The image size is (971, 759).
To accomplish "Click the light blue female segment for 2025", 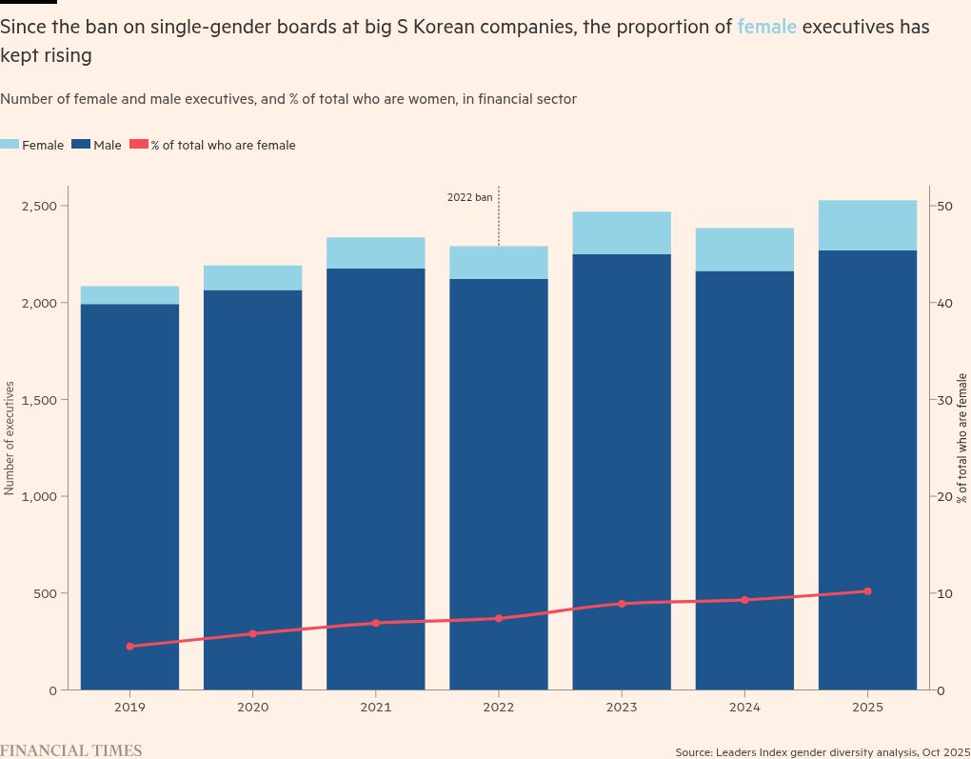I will pyautogui.click(x=867, y=226).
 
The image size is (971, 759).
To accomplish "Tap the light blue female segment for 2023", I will pyautogui.click(x=622, y=233).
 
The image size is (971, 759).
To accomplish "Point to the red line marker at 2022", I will pyautogui.click(x=499, y=619).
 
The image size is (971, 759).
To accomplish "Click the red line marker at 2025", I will pyautogui.click(x=867, y=591).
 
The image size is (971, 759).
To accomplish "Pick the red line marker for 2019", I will pyautogui.click(x=129, y=647).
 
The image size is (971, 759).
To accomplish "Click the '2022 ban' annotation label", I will pyautogui.click(x=470, y=198).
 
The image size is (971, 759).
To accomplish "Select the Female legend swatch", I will pyautogui.click(x=10, y=145).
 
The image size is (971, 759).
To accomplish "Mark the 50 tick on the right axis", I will pyautogui.click(x=944, y=207).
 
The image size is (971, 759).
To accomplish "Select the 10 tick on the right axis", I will pyautogui.click(x=944, y=593).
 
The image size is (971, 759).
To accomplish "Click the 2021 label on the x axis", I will pyautogui.click(x=375, y=708).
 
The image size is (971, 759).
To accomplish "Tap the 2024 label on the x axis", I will pyautogui.click(x=744, y=708).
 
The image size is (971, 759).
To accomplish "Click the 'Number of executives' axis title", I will pyautogui.click(x=10, y=438).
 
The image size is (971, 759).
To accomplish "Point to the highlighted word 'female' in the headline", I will pyautogui.click(x=766, y=27).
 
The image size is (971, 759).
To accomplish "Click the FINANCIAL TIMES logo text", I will pyautogui.click(x=70, y=750).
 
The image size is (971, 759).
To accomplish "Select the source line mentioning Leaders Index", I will pyautogui.click(x=822, y=752).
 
